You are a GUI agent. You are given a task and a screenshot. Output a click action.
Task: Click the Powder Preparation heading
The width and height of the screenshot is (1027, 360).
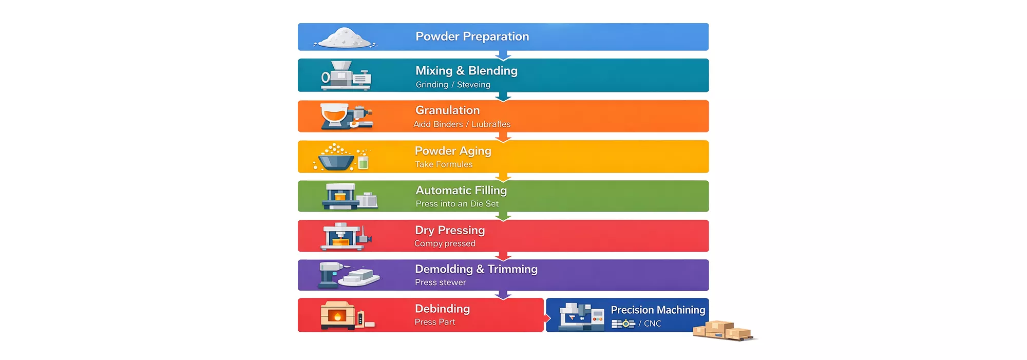[x=472, y=36]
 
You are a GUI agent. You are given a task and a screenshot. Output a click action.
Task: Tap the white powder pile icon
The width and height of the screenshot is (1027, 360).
[x=345, y=38]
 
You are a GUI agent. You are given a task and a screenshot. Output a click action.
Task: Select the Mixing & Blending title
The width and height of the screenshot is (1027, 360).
[x=466, y=70]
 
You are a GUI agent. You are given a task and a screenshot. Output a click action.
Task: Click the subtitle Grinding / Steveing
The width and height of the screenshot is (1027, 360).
[x=453, y=85]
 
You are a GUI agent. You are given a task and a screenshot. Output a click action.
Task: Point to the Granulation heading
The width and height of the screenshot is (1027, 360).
[x=447, y=110]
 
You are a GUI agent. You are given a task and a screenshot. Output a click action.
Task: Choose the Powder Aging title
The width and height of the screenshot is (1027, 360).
[x=453, y=151]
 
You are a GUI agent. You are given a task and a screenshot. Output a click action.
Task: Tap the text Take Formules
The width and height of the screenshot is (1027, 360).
[x=444, y=164]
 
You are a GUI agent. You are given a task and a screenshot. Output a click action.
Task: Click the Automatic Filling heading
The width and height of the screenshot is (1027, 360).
[x=461, y=190]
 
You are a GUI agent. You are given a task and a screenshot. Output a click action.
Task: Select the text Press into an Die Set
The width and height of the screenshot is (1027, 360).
[x=457, y=204]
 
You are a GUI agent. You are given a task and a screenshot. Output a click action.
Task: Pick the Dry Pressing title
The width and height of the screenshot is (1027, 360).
[x=450, y=230]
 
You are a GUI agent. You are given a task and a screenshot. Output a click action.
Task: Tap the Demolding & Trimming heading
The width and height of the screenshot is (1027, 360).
[x=476, y=269]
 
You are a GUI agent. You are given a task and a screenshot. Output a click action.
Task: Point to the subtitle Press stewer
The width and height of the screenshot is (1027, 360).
[x=441, y=282]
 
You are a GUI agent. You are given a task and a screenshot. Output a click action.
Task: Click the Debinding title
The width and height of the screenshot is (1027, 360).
[x=442, y=309]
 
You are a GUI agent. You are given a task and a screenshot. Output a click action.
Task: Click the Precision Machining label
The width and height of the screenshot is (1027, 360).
[x=658, y=310]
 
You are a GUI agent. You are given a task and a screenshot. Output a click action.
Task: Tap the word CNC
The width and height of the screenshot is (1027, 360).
[x=652, y=324]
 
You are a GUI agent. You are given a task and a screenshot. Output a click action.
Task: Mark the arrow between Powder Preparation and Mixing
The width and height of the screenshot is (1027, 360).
[x=503, y=55]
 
